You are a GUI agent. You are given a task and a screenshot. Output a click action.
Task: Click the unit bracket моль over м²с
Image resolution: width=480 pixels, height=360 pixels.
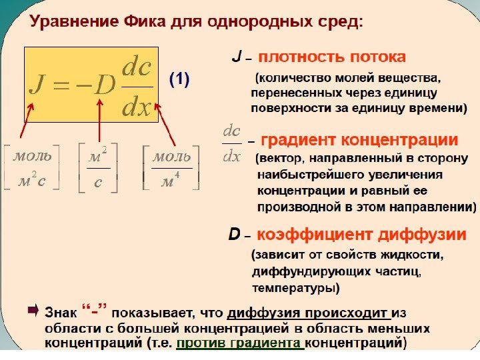[x=32, y=169]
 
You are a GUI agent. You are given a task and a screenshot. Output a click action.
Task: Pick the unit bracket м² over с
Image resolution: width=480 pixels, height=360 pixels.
[x=99, y=169]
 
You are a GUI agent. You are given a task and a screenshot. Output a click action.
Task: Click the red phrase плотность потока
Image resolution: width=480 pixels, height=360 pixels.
[x=331, y=57]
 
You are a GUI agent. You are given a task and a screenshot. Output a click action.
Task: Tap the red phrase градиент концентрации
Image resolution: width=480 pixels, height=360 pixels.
[x=359, y=141]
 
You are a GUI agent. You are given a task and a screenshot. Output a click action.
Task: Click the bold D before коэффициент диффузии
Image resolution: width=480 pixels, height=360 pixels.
[x=234, y=235]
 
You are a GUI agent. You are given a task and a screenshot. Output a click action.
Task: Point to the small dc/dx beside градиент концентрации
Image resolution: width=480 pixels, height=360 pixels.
[x=231, y=143]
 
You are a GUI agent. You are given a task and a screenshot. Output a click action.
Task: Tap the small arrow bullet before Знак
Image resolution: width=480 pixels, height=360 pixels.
[x=33, y=310]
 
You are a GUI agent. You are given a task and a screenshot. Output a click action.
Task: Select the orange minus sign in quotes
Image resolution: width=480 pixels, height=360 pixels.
[x=95, y=311]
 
